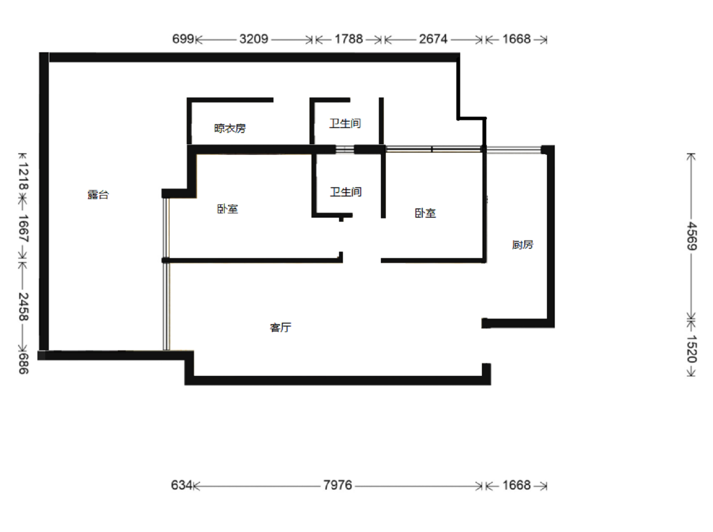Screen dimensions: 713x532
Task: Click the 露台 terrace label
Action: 98,195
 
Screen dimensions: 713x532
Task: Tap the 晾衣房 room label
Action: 230,129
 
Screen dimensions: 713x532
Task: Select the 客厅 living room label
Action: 280,328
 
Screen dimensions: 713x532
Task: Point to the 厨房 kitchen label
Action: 523,244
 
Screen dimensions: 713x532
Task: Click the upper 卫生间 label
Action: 345,123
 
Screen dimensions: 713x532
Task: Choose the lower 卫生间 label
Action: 345,192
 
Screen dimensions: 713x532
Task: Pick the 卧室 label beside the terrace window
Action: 227,209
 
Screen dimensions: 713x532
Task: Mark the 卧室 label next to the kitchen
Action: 425,213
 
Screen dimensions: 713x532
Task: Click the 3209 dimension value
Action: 254,39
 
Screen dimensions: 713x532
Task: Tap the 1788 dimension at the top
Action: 348,39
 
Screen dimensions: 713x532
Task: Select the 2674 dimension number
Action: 433,39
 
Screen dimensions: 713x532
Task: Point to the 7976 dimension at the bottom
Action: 338,485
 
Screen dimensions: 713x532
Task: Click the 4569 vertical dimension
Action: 691,236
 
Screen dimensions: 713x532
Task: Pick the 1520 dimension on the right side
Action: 691,349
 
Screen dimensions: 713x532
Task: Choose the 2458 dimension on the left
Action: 23,307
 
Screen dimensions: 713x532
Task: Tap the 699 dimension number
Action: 183,39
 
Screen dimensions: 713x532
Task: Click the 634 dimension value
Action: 182,485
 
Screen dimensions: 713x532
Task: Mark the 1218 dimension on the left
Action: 23,176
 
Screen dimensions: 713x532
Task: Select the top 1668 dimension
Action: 516,39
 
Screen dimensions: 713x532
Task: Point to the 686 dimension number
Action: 23,364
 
